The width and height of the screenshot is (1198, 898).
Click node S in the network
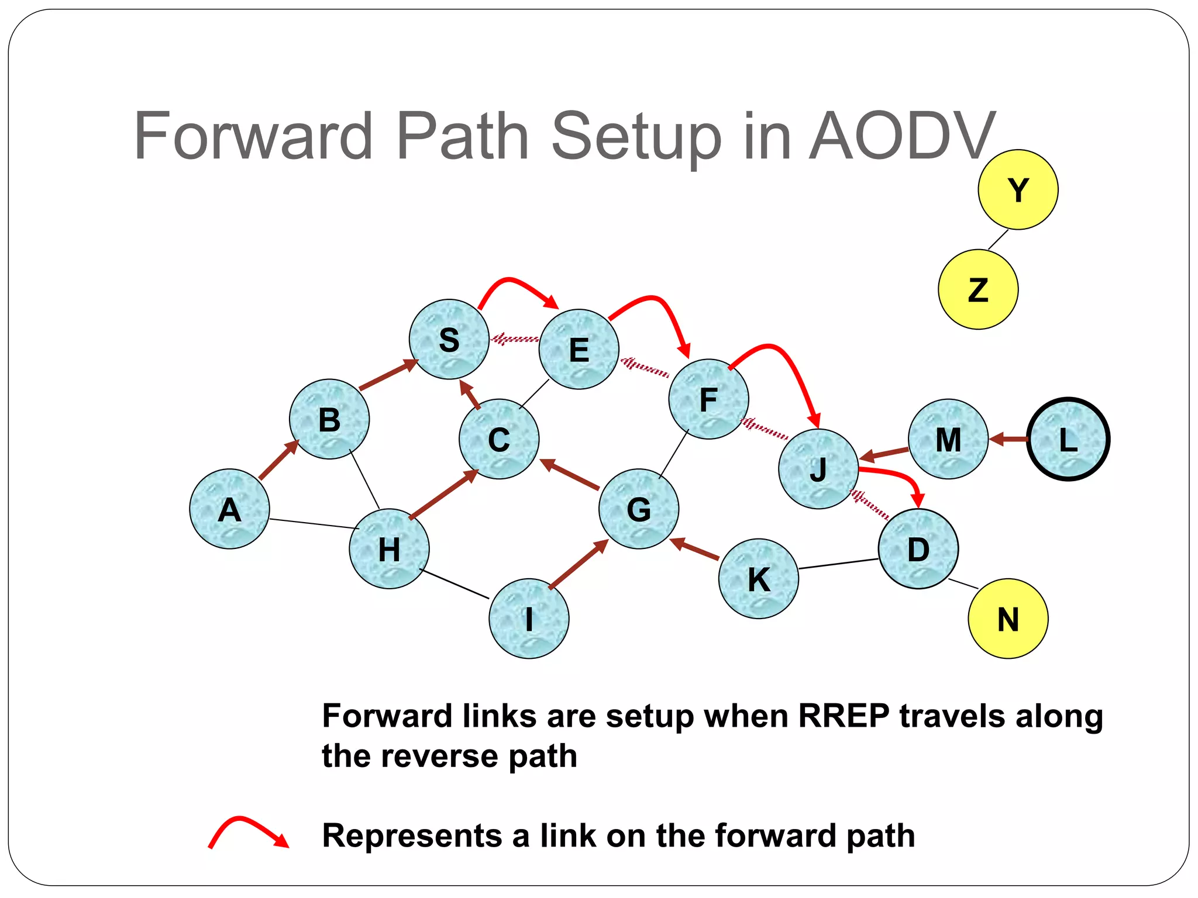coord(449,339)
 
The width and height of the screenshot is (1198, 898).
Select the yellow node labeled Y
coord(1018,189)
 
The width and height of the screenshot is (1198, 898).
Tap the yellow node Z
coord(978,289)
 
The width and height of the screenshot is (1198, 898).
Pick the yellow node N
coord(1008,619)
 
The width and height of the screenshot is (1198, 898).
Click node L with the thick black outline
coord(1068,439)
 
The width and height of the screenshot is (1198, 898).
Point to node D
coord(918,549)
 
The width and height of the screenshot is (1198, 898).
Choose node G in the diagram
coord(639,509)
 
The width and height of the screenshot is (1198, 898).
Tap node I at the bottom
coord(529,619)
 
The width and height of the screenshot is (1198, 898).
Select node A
coord(229,509)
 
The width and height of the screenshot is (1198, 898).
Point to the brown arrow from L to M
coord(1008,438)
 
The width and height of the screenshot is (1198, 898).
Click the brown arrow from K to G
coord(695,549)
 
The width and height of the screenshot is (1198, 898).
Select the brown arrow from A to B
coord(279,460)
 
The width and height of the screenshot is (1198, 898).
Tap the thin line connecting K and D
coord(838,564)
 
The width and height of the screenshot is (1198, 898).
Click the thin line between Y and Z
coord(999,240)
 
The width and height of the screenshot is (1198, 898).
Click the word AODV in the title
coord(902,137)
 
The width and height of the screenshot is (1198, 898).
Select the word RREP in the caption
coord(844,716)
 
